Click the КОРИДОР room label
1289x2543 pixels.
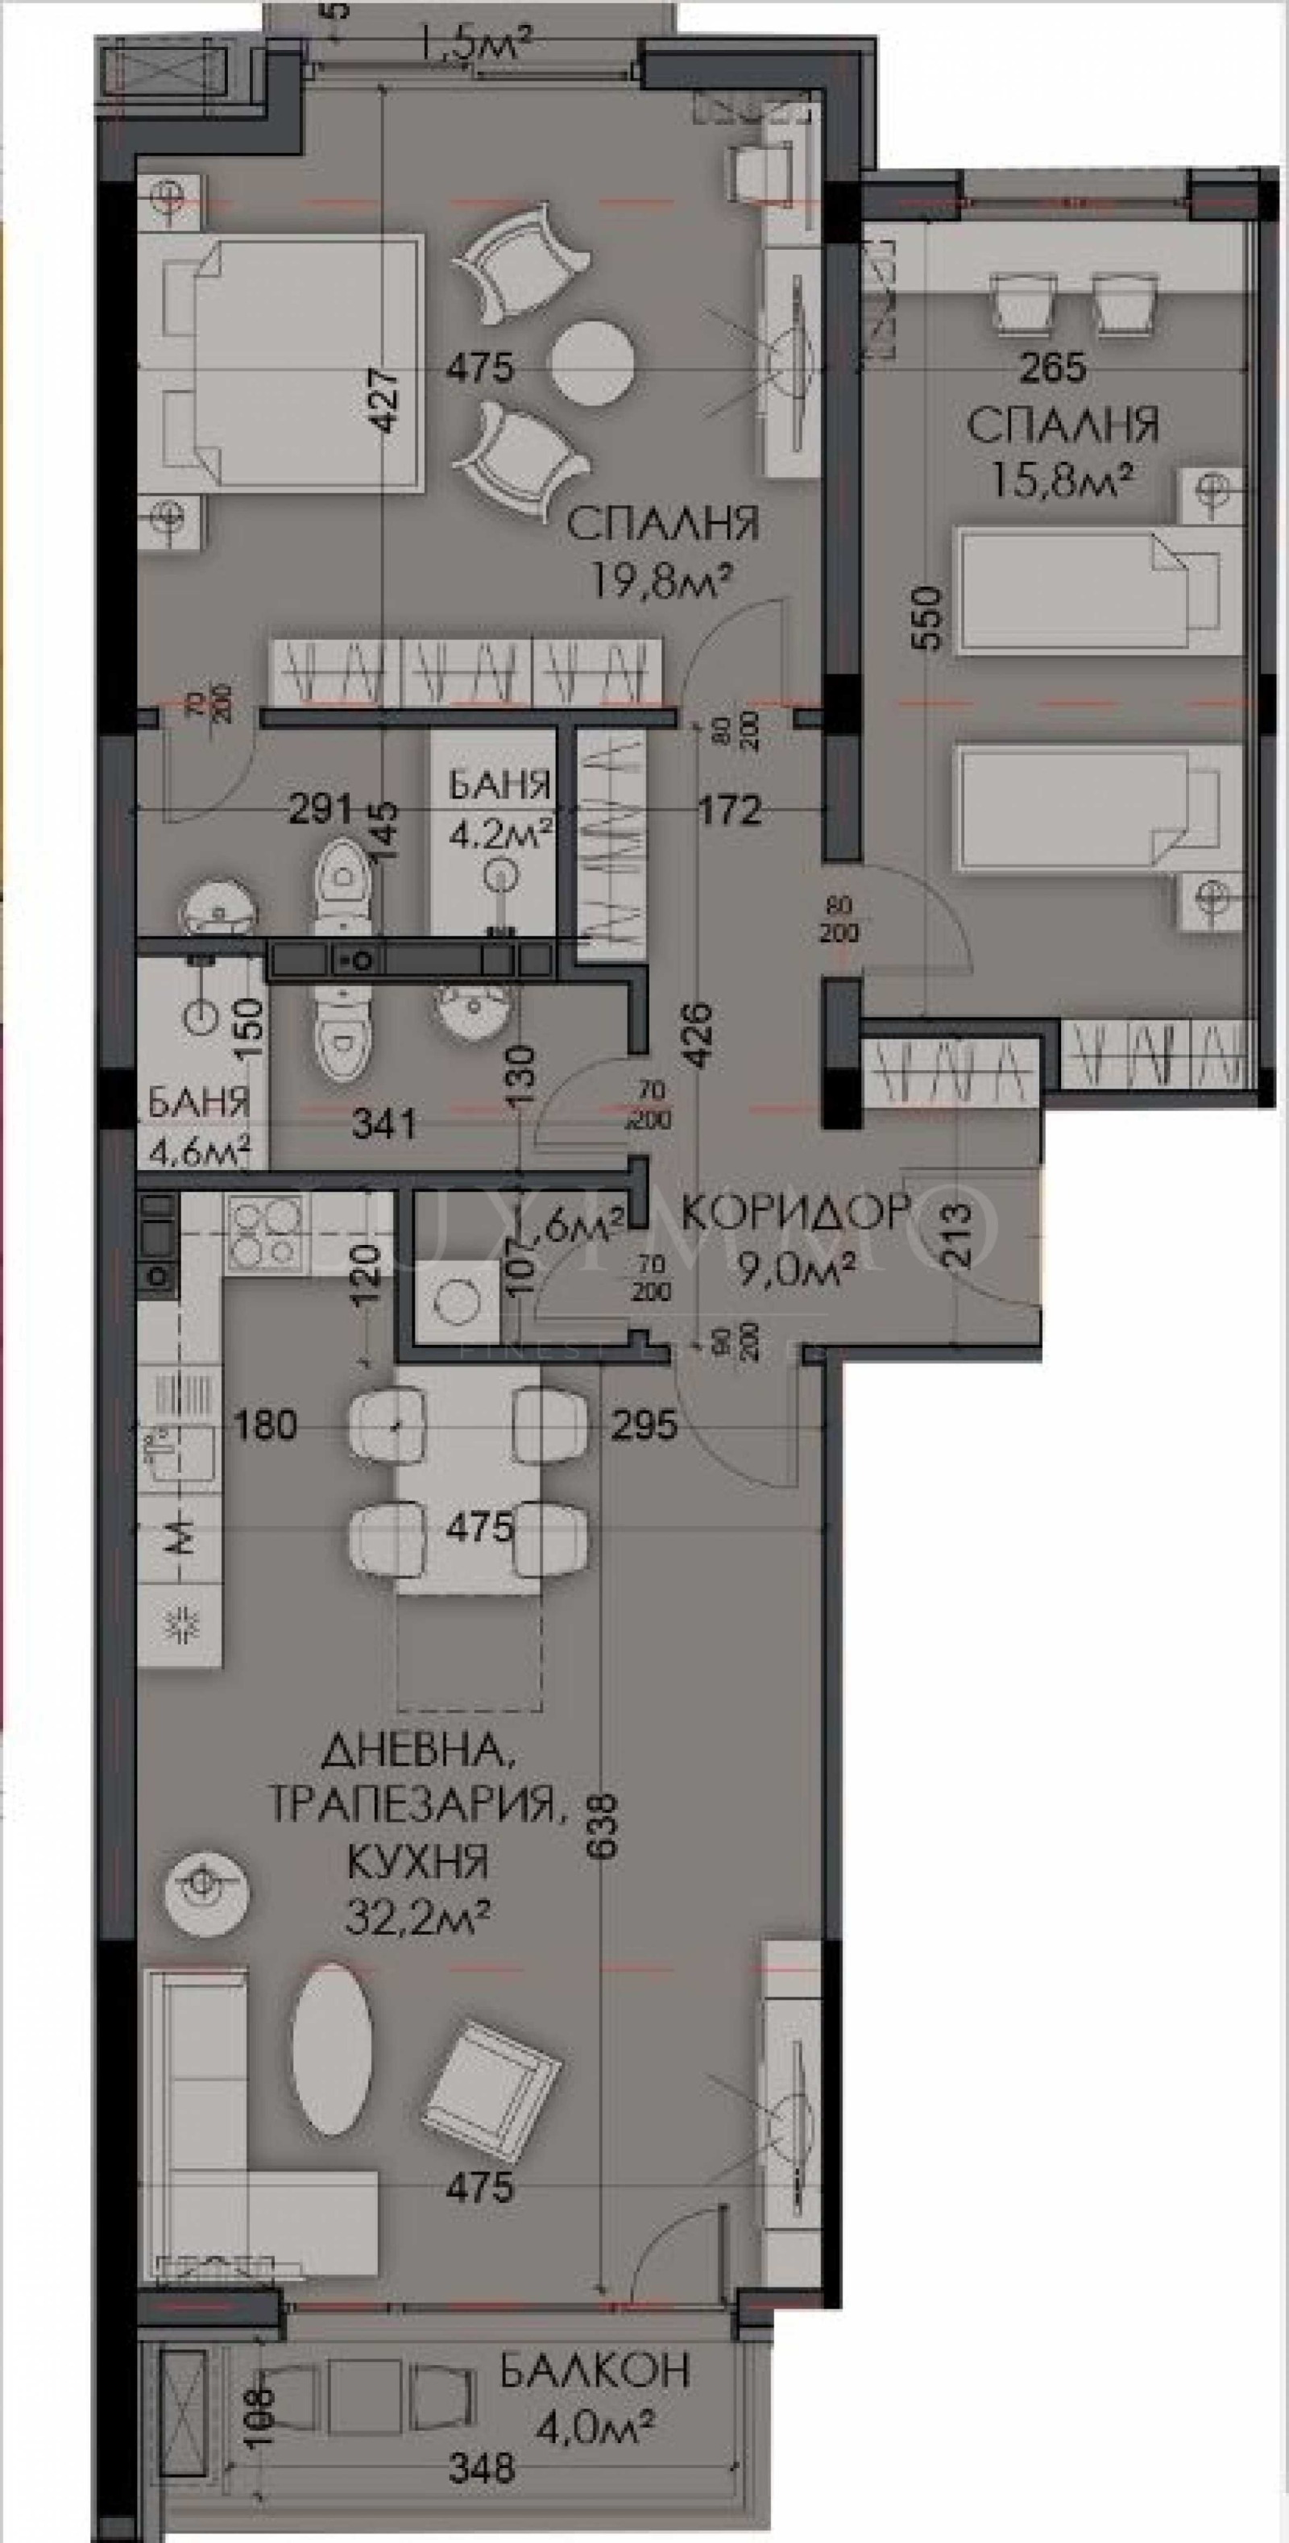coord(795,1210)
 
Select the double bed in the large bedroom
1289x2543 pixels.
coord(280,363)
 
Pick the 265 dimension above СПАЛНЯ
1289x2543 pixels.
coord(1052,368)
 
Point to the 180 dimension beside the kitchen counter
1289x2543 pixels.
coord(267,1425)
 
